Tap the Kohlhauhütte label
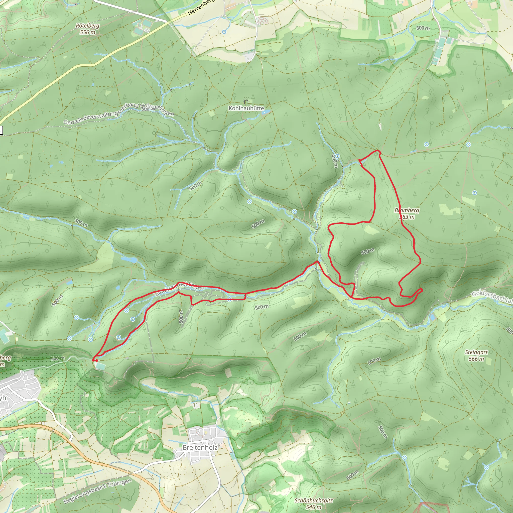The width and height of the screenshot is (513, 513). tap(246, 108)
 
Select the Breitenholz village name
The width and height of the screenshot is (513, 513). tap(200, 447)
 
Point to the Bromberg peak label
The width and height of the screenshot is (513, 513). tap(407, 213)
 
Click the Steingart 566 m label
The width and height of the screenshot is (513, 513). tap(476, 355)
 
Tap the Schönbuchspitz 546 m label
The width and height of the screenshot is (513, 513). tap(313, 503)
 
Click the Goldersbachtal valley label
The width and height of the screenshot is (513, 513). tap(492, 297)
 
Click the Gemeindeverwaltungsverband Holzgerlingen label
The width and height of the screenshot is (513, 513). tap(119, 114)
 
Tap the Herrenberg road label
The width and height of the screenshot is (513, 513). tap(200, 8)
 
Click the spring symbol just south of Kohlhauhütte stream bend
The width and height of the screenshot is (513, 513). tap(249, 202)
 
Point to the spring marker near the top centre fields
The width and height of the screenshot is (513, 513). tap(224, 32)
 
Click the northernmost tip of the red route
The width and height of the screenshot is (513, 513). tap(378, 151)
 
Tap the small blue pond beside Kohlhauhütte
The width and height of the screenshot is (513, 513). tap(264, 112)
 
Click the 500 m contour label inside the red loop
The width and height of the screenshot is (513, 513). tap(367, 251)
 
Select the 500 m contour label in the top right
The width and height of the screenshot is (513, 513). tap(423, 28)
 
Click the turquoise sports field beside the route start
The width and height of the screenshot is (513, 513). tap(101, 366)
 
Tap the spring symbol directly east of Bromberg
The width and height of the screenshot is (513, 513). tap(474, 193)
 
